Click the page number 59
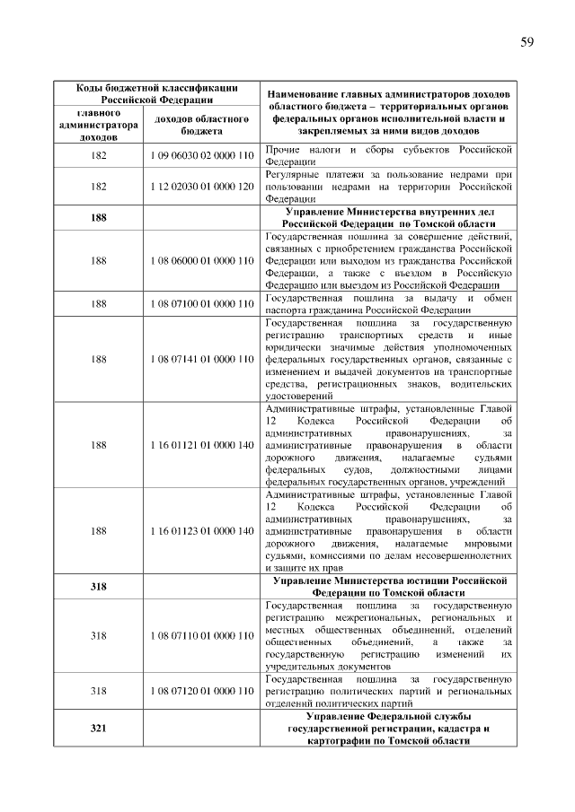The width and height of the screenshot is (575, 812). click(x=526, y=41)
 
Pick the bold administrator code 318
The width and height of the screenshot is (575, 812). click(x=99, y=587)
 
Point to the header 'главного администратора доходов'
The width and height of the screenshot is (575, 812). click(x=99, y=126)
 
